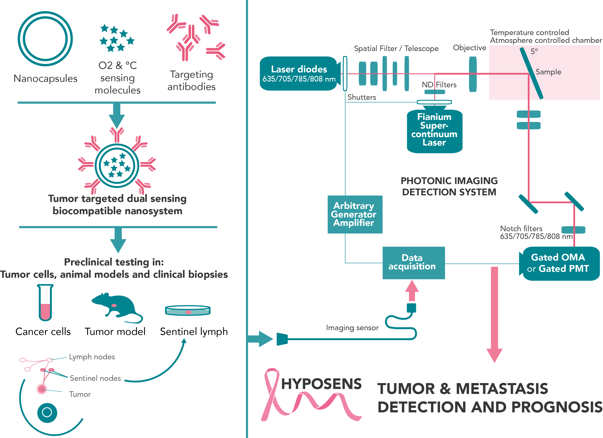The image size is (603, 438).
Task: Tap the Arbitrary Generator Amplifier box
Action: click(354, 214)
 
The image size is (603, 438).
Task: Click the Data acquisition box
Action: click(413, 263)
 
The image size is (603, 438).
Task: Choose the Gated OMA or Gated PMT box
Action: click(560, 263)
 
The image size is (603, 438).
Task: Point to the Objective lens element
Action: click(472, 74)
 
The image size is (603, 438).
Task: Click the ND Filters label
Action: click(439, 85)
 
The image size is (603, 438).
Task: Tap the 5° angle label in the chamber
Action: click(534, 51)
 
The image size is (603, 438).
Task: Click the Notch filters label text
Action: click(521, 229)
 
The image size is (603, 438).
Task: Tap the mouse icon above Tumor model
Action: click(116, 306)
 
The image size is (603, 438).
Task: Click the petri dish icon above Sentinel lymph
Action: click(188, 310)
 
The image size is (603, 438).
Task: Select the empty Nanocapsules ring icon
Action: click(45, 39)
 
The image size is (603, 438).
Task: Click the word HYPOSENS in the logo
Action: click(321, 384)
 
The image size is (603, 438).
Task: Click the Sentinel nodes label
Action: click(95, 378)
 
